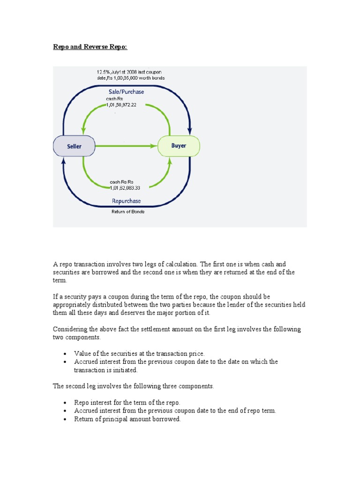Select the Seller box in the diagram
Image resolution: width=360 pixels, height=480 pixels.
click(74, 146)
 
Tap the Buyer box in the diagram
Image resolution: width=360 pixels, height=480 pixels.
click(179, 146)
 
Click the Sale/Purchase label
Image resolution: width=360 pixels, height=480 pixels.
click(126, 92)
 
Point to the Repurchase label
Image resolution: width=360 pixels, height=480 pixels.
click(126, 201)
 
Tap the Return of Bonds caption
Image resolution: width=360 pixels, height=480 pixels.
click(128, 212)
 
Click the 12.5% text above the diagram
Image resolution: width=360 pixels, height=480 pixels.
click(104, 72)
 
